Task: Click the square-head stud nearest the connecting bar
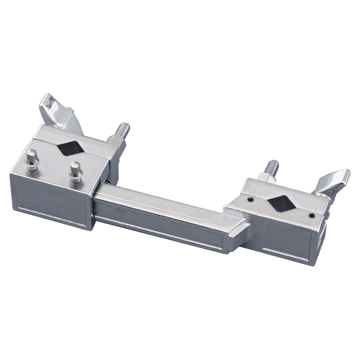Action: [x=75, y=168]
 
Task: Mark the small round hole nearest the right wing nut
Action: [x=312, y=215]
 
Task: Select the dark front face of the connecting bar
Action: [x=162, y=223]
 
